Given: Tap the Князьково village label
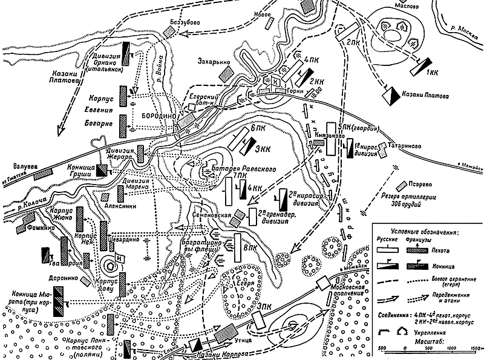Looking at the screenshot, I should [330, 137].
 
